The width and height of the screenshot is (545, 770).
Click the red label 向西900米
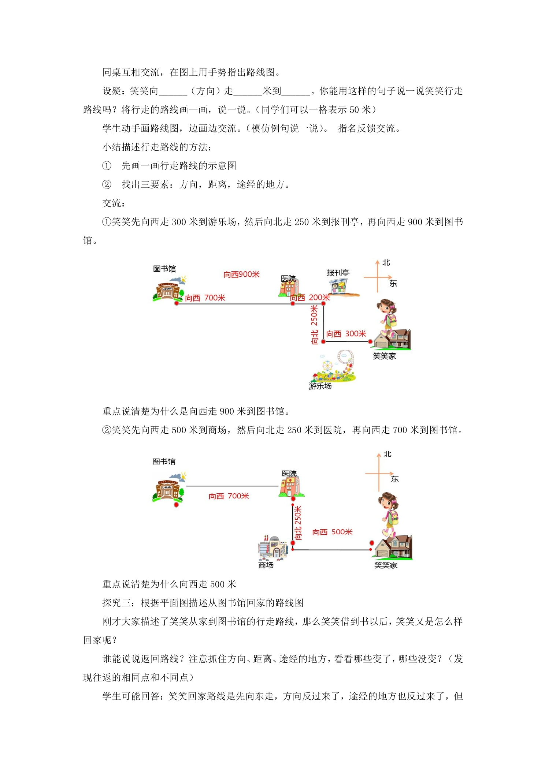click(x=241, y=274)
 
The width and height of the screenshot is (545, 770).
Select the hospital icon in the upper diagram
click(x=289, y=288)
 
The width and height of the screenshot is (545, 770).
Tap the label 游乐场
click(x=320, y=386)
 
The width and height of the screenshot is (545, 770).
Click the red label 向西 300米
click(x=346, y=334)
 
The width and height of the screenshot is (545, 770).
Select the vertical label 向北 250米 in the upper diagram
click(x=315, y=325)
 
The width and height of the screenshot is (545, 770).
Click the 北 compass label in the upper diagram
click(x=386, y=262)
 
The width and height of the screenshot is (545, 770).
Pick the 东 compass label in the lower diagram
click(x=395, y=479)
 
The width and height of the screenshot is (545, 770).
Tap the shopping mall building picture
click(x=273, y=547)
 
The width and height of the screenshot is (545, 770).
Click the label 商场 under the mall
click(x=266, y=565)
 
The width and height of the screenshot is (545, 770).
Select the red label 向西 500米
click(x=332, y=532)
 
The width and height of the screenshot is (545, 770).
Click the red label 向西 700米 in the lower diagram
click(x=229, y=496)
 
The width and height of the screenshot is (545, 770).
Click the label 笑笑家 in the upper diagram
click(x=385, y=356)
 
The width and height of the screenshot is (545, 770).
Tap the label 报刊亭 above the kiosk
click(x=338, y=273)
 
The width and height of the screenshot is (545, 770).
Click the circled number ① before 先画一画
click(x=107, y=166)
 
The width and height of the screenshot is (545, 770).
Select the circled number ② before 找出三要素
click(x=107, y=184)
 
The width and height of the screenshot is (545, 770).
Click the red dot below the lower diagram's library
click(x=176, y=505)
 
